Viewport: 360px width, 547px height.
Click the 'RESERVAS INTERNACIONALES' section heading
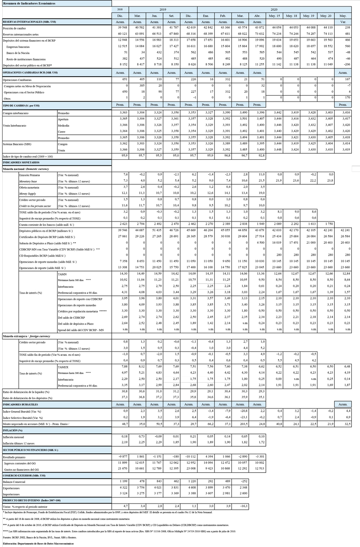30,22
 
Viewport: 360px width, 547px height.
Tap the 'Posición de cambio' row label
16,28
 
